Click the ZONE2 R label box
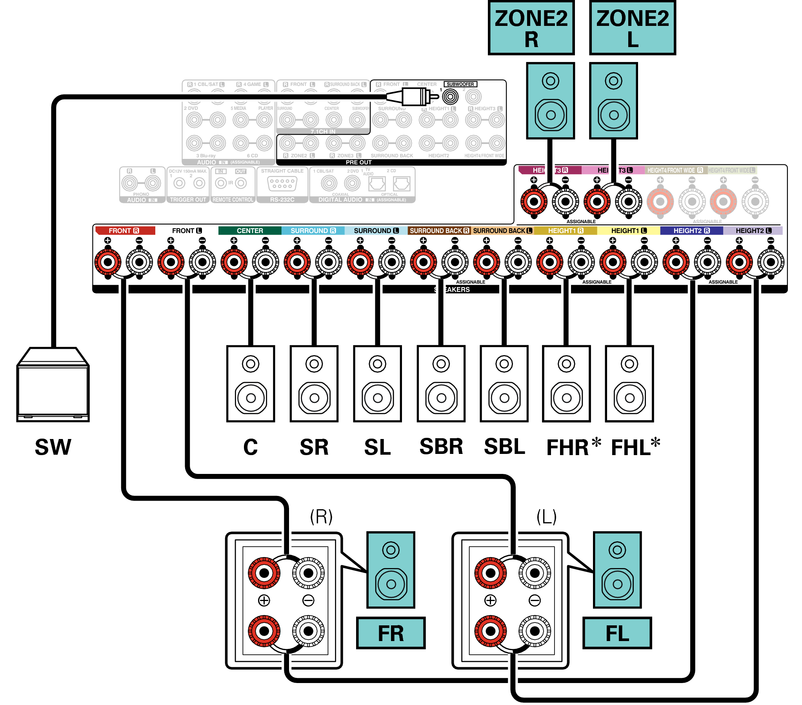tap(531, 28)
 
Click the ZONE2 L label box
tap(632, 28)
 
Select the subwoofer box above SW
tap(53, 384)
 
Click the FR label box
tap(390, 633)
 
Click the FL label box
tap(617, 633)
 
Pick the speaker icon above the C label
tap(250, 384)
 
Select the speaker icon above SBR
tap(441, 384)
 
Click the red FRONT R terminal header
tap(125, 230)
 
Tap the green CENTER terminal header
tap(249, 230)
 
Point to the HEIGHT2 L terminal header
tap(753, 230)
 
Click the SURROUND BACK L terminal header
tap(502, 230)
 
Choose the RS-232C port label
tap(282, 199)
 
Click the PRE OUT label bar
tap(358, 162)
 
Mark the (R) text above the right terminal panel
tap(321, 516)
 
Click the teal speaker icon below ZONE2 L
tap(613, 100)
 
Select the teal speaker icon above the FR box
tap(390, 570)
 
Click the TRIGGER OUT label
tap(187, 199)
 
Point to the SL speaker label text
tap(377, 447)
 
